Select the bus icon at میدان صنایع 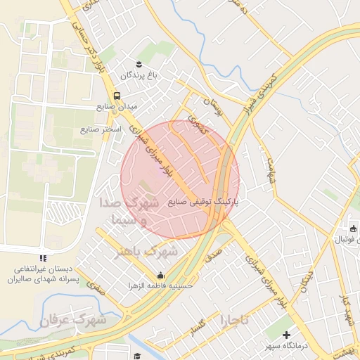pos(116,96)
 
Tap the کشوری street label pos(198,127)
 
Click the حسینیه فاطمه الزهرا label pos(161,285)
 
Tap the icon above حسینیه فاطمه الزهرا pos(161,275)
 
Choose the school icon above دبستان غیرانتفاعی pos(44,259)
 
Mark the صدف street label pos(214,250)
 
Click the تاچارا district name pos(234,321)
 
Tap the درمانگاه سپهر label pos(286,347)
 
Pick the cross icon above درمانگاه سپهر pos(286,335)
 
